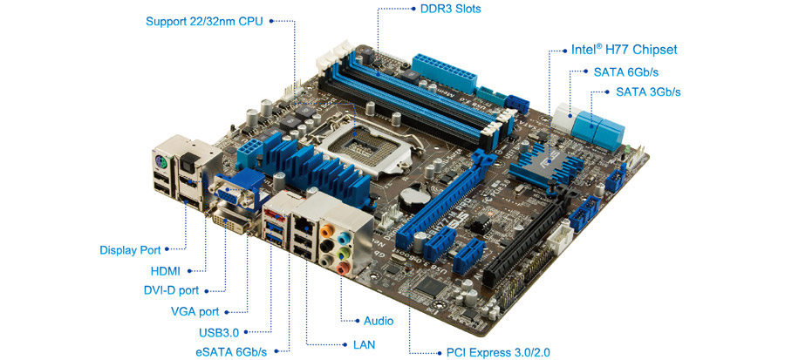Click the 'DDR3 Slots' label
(x=451, y=9)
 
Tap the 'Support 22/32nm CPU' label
(x=204, y=22)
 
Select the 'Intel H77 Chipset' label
(x=624, y=50)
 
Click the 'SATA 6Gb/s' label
(x=625, y=72)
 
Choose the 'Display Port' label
(x=130, y=250)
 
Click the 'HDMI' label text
(x=165, y=271)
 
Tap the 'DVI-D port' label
(x=171, y=290)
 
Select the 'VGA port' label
(x=195, y=311)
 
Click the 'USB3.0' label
(x=219, y=332)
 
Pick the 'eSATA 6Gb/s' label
(x=231, y=351)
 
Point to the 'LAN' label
(x=364, y=344)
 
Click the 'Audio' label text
(x=379, y=321)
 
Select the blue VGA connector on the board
(x=235, y=193)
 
